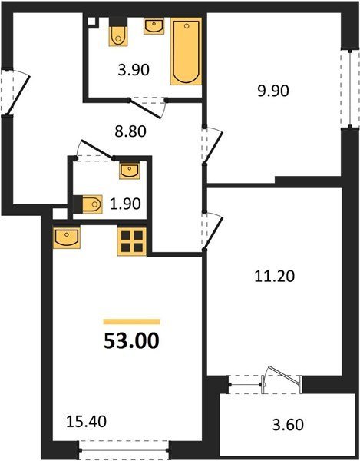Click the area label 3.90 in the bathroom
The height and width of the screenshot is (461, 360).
click(134, 70)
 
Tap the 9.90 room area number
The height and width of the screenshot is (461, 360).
click(273, 91)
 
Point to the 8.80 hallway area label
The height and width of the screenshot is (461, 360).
click(130, 131)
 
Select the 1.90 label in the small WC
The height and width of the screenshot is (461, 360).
click(125, 204)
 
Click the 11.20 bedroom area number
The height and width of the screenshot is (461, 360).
click(274, 277)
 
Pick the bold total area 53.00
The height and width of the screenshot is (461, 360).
click(131, 341)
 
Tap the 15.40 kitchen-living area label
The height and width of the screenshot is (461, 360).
click(86, 422)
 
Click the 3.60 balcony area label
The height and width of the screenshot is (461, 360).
click(288, 425)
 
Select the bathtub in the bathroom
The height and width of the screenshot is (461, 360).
click(187, 51)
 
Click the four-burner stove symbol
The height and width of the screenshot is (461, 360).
click(132, 241)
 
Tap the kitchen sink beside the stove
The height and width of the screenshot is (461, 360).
click(67, 237)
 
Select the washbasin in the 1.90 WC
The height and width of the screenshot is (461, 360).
click(130, 171)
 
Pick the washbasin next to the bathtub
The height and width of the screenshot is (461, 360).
click(154, 26)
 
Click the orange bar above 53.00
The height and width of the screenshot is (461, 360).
click(131, 322)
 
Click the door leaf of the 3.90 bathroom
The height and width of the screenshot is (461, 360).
click(145, 109)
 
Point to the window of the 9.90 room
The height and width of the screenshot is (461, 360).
click(350, 88)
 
